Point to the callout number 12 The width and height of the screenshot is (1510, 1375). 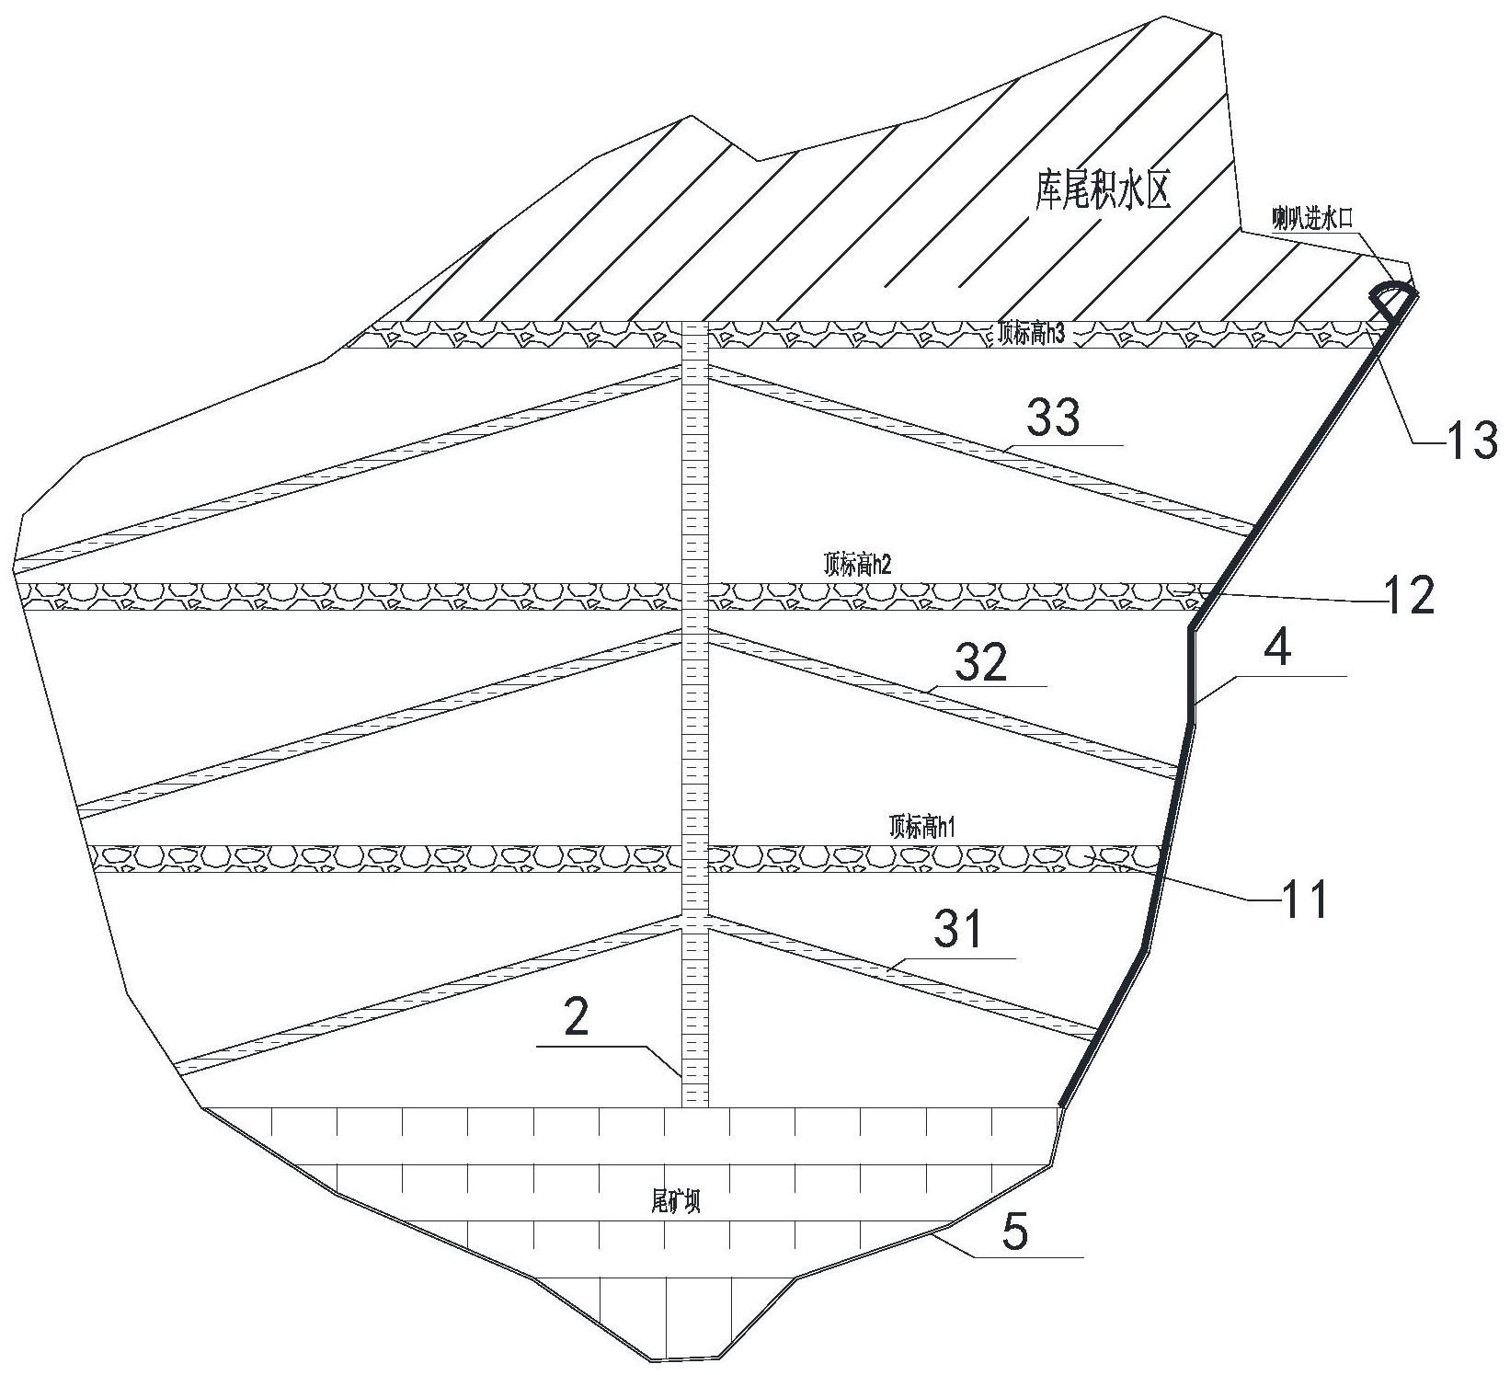coord(1406,597)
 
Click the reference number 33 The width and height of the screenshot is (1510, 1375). coord(1053,419)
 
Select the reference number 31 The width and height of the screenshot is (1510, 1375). coord(959,931)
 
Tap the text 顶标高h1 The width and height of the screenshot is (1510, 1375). coord(923,827)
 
